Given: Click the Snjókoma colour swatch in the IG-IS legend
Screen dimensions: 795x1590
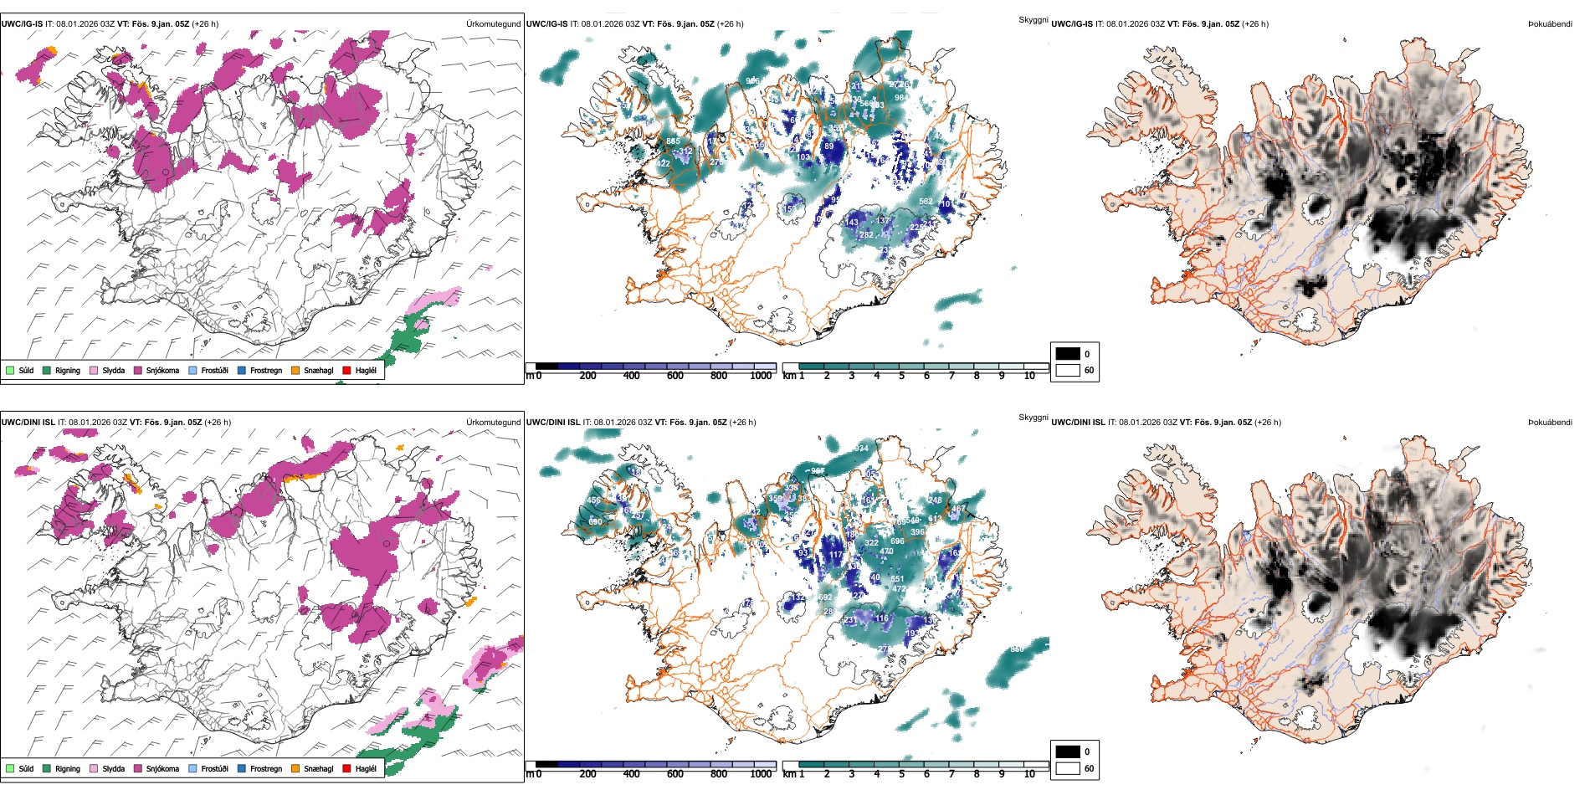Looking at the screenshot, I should point(138,370).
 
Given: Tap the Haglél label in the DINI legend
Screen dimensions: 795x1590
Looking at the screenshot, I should point(366,768).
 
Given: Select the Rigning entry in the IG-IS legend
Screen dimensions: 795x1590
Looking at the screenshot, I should point(68,370).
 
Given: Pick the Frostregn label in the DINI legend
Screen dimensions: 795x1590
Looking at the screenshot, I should point(266,768).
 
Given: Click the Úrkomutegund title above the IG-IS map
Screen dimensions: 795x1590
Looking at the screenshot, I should point(493,24).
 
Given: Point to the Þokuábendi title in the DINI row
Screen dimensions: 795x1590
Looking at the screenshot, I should point(1550,423).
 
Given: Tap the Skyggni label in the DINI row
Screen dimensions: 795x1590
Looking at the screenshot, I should point(1033,418).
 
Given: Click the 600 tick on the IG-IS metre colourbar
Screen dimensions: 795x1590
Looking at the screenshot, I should point(675,377).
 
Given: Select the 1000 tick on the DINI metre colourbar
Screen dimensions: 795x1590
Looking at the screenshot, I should point(761,775).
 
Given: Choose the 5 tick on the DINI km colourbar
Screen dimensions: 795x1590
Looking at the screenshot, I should point(901,775).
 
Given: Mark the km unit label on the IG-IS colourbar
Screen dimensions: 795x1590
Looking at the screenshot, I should point(788,377).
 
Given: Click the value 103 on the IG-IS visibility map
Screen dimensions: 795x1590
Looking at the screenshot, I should point(803,157).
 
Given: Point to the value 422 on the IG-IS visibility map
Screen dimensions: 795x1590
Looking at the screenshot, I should point(664,163).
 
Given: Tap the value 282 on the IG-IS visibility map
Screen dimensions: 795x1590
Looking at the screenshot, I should point(866,235).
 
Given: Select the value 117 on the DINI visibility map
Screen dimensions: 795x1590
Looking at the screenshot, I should point(835,555).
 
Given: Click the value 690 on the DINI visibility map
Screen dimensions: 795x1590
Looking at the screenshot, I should point(595,522).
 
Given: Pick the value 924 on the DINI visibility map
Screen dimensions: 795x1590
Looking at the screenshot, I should point(861,449).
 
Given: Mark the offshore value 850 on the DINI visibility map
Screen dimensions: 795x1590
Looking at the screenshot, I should point(1017,649).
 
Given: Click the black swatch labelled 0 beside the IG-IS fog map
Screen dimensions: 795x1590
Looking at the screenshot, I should point(1068,354).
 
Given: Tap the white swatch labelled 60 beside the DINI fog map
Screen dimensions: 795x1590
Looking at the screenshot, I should point(1068,768).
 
